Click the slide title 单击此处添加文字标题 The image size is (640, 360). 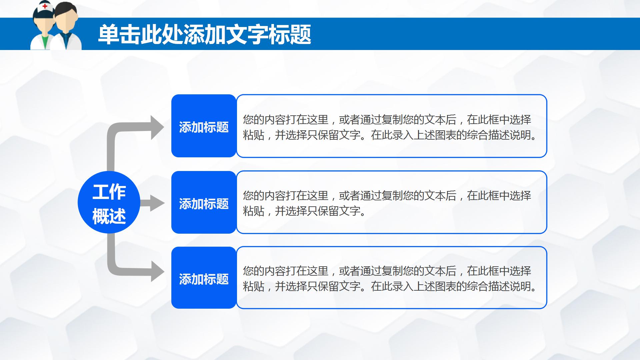click(204, 34)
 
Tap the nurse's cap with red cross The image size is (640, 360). click(45, 6)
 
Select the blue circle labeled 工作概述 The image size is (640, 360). click(109, 202)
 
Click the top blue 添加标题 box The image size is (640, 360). click(204, 126)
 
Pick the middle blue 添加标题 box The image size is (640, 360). click(204, 203)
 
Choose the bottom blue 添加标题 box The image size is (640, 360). click(204, 278)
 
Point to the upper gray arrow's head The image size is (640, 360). click(157, 127)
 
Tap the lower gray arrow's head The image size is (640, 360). click(157, 271)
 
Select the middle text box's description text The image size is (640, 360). click(387, 203)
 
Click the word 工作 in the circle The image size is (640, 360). click(109, 192)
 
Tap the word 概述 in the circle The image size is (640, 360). click(109, 216)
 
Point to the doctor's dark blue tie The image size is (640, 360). click(66, 40)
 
